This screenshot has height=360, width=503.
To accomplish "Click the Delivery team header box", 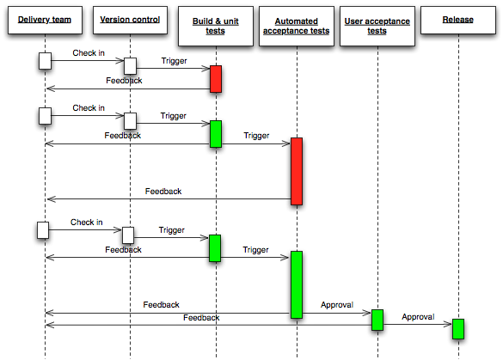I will (46, 20).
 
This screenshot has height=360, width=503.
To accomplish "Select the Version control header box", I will (130, 20).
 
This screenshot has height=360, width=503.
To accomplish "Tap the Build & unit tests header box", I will (215, 26).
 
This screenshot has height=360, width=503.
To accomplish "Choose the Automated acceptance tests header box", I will (296, 26).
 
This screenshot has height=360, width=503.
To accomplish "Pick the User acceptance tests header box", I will (377, 26).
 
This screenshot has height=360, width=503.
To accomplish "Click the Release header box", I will (457, 20).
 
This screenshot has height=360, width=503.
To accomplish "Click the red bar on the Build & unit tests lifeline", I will (215, 78).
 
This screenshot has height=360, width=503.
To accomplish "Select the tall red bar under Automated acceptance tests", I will (297, 170).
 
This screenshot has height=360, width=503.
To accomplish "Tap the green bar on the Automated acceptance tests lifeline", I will (297, 284).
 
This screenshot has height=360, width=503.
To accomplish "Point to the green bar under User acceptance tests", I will (377, 320).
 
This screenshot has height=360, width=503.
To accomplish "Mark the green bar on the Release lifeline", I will (458, 328).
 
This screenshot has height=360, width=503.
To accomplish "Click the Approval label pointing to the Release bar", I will (417, 316).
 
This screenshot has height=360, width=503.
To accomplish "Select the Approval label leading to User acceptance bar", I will (336, 304).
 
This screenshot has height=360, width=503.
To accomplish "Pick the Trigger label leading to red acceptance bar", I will (256, 136).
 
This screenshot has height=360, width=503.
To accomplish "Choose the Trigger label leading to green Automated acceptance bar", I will (255, 250).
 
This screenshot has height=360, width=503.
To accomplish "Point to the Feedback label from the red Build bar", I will (124, 81).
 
